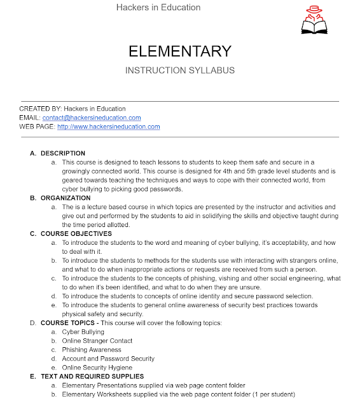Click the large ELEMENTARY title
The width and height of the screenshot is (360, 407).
180,51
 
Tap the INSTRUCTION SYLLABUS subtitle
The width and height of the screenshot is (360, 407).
180,70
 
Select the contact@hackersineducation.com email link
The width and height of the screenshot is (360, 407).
92,118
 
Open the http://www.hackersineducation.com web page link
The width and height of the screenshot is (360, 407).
108,127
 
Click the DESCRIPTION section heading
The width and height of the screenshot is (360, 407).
63,153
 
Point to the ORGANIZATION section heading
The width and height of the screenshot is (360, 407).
66,198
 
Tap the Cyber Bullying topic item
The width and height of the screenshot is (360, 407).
83,332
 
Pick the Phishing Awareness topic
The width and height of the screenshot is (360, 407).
91,350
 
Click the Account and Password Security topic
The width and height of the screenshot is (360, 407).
108,359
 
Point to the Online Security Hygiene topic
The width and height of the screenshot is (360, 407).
97,368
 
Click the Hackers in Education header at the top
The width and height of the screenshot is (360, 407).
158,8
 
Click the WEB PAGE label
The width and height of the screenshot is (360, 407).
36,127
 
